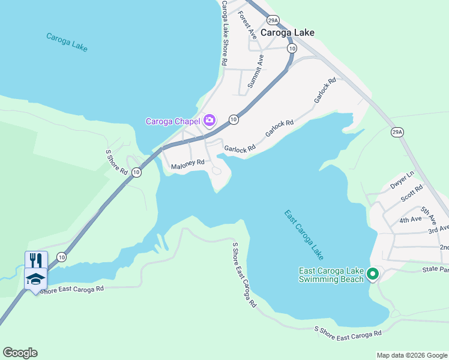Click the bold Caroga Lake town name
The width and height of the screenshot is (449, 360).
[288, 33]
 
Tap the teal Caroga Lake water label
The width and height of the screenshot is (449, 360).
[67, 42]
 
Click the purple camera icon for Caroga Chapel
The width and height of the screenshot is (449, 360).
[209, 121]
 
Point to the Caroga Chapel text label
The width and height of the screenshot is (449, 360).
[173, 121]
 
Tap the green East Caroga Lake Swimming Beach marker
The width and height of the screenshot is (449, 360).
[372, 275]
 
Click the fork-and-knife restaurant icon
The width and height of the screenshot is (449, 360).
[36, 260]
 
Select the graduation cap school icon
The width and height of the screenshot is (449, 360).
[36, 278]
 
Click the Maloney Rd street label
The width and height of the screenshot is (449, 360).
[188, 163]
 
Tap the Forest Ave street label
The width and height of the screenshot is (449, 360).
[247, 25]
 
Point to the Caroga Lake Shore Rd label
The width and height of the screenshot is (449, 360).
[224, 33]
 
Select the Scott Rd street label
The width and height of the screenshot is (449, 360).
[412, 193]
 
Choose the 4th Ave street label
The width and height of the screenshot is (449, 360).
[411, 220]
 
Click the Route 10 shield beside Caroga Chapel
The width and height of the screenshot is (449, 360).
[234, 120]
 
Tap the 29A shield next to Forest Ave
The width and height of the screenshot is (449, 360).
[273, 20]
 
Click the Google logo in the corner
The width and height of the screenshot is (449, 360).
[20, 353]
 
